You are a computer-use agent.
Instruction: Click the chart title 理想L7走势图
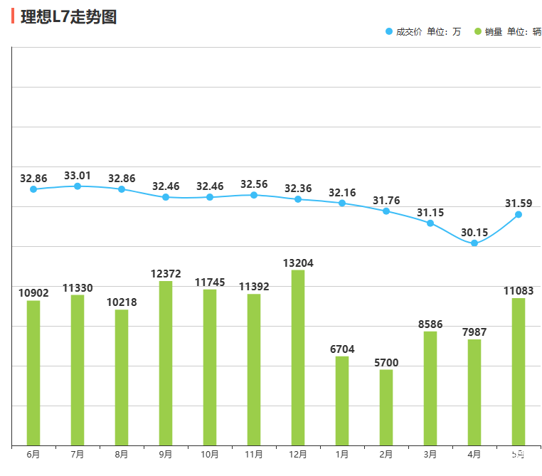tap(69, 17)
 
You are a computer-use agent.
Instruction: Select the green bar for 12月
tap(298, 357)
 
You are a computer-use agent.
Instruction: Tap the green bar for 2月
tap(386, 407)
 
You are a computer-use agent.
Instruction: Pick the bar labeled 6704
tap(342, 401)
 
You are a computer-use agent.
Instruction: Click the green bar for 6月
tap(33, 373)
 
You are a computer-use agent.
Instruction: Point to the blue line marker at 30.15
tap(474, 243)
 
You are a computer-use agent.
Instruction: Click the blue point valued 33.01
tap(78, 186)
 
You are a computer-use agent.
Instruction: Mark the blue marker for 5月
tap(519, 214)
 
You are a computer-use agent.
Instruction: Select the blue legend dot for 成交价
tap(388, 32)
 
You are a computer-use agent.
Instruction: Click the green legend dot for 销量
tap(478, 32)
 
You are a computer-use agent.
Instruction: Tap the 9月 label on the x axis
tap(166, 454)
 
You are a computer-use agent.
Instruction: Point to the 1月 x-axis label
tap(342, 454)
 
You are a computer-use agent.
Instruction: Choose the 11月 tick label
tap(254, 454)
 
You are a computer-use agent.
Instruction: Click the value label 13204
tap(298, 263)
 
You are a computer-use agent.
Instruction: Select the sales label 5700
tap(386, 363)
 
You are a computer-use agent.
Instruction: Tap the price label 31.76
tap(386, 200)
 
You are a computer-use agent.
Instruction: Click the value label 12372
tap(166, 274)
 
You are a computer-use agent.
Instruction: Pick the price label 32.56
tap(254, 184)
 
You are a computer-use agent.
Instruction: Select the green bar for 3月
tap(430, 388)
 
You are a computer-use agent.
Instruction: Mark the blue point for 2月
tap(386, 211)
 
